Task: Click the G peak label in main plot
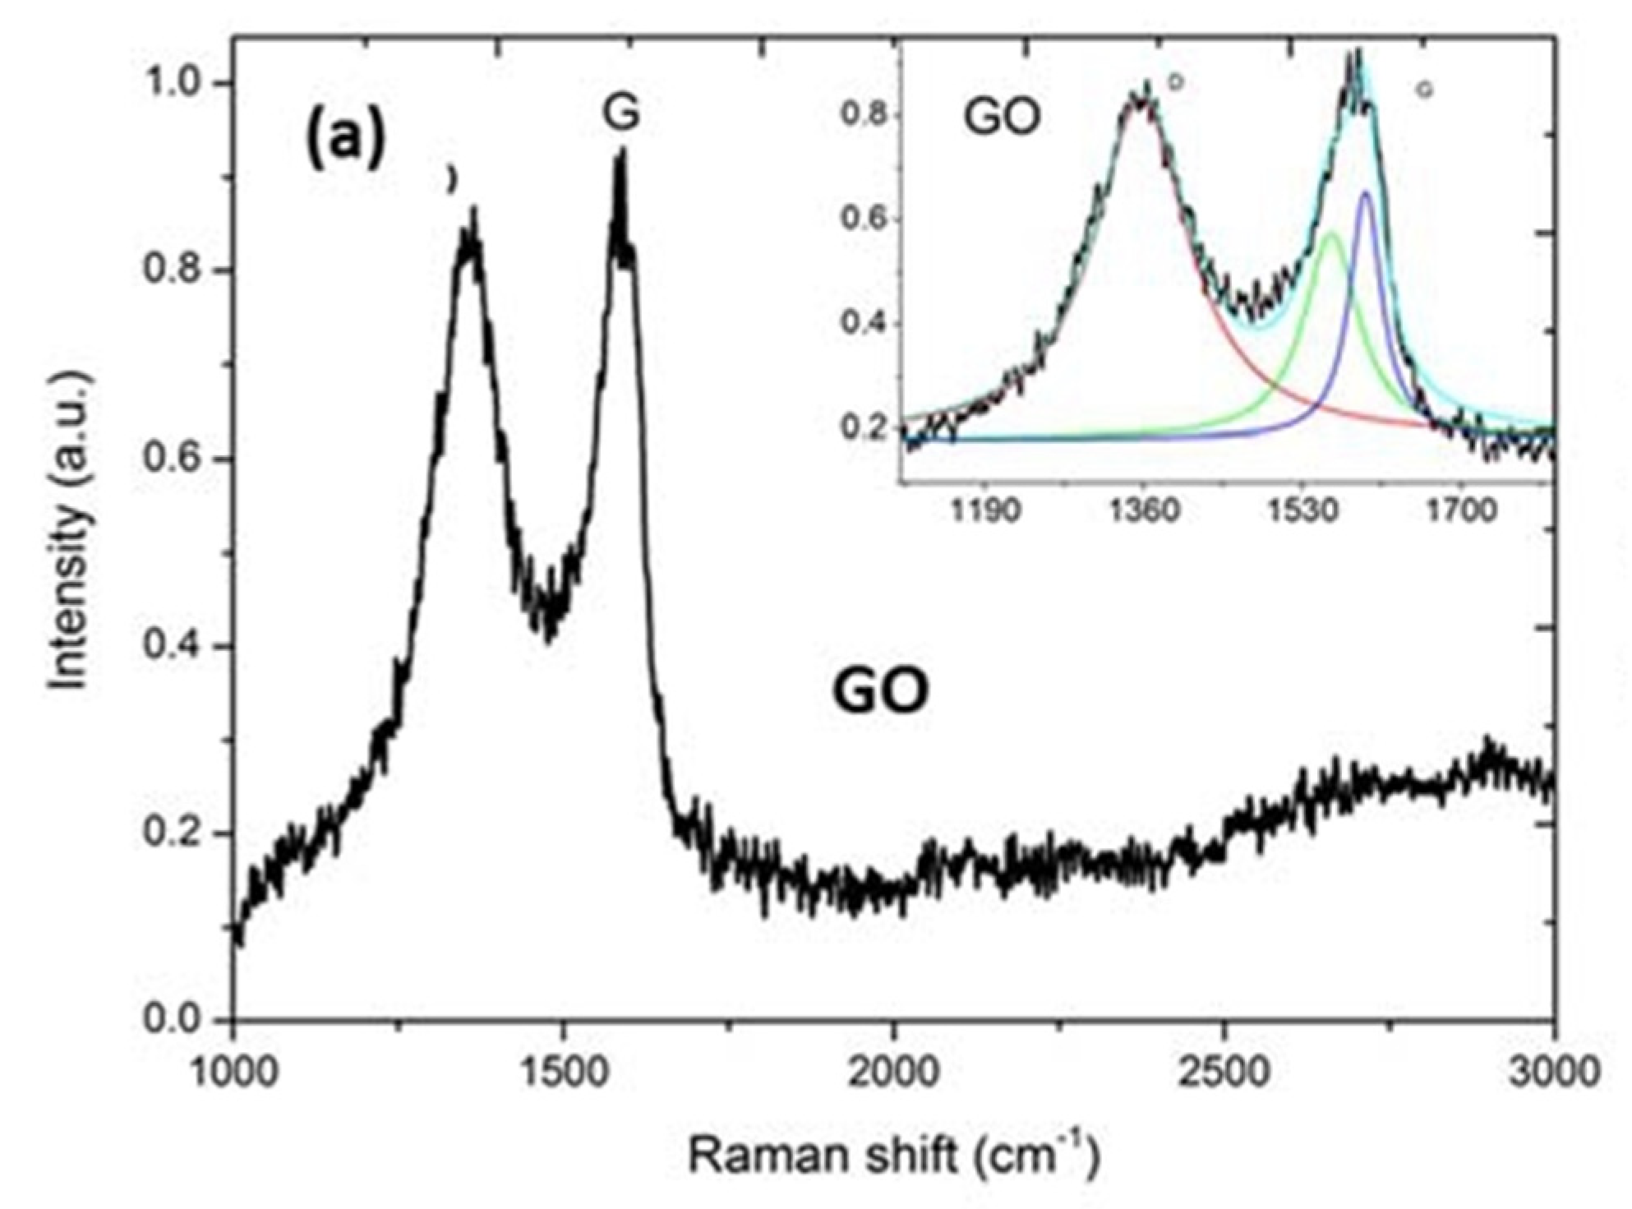coord(620,113)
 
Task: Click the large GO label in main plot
coord(880,692)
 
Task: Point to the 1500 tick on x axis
coord(563,1073)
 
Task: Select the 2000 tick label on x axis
coord(893,1073)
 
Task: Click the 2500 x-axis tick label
coord(1224,1073)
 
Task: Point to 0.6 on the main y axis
coord(173,459)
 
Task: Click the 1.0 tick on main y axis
coord(173,84)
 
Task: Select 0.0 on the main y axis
coord(173,1020)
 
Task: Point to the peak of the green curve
coord(1331,234)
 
